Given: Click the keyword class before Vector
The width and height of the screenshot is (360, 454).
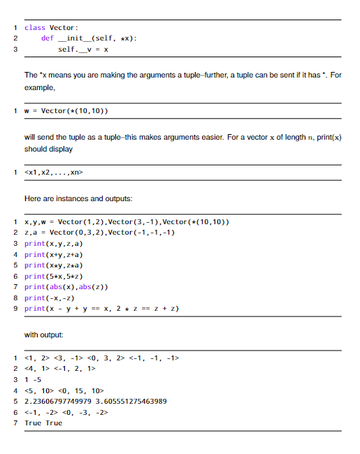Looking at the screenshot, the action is (x=34, y=27).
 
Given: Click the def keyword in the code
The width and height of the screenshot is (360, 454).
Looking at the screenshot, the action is (x=48, y=38).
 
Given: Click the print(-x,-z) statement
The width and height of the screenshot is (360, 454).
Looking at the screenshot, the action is (x=50, y=297).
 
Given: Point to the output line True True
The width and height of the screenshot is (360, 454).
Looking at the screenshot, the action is (x=43, y=423).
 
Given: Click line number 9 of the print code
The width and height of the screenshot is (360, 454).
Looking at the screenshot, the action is (x=15, y=308).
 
